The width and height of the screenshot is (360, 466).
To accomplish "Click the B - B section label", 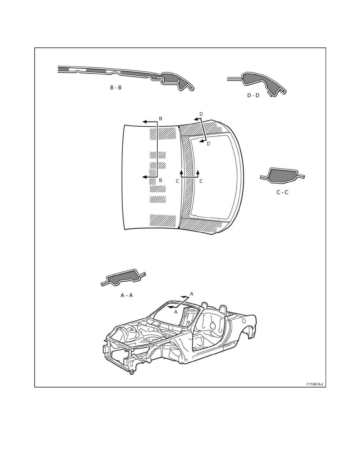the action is [x=116, y=88].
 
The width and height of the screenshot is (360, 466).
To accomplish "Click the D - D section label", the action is [x=253, y=95].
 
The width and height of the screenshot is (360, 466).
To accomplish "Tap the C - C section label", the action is [x=282, y=192].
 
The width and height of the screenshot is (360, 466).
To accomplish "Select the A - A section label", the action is [x=127, y=295].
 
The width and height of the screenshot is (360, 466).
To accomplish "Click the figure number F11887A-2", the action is [x=315, y=384].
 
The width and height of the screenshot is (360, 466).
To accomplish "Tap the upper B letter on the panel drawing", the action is [x=160, y=118].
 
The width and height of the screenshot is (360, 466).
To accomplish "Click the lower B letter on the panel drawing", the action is [x=160, y=180].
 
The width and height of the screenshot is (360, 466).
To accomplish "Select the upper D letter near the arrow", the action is [x=201, y=114].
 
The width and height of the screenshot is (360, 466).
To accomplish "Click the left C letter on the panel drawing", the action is [x=177, y=181].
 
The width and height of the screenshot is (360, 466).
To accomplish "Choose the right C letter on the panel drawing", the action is [x=201, y=181].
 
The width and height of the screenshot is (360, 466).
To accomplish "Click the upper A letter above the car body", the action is [x=192, y=294].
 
